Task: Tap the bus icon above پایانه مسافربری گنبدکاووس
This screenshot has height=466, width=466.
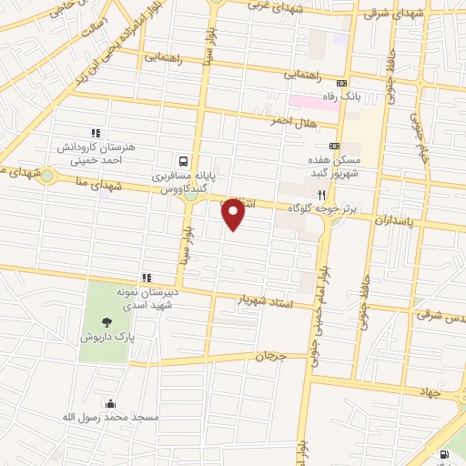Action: [185, 157]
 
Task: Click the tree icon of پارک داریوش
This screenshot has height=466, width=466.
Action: [107, 320]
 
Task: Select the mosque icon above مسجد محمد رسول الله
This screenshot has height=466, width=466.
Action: [110, 404]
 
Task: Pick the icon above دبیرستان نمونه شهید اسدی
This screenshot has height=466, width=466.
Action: [145, 278]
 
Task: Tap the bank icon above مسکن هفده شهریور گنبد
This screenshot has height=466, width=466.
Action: [334, 145]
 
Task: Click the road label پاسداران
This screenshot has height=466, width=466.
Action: [394, 220]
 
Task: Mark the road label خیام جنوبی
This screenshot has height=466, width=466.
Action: [421, 142]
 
